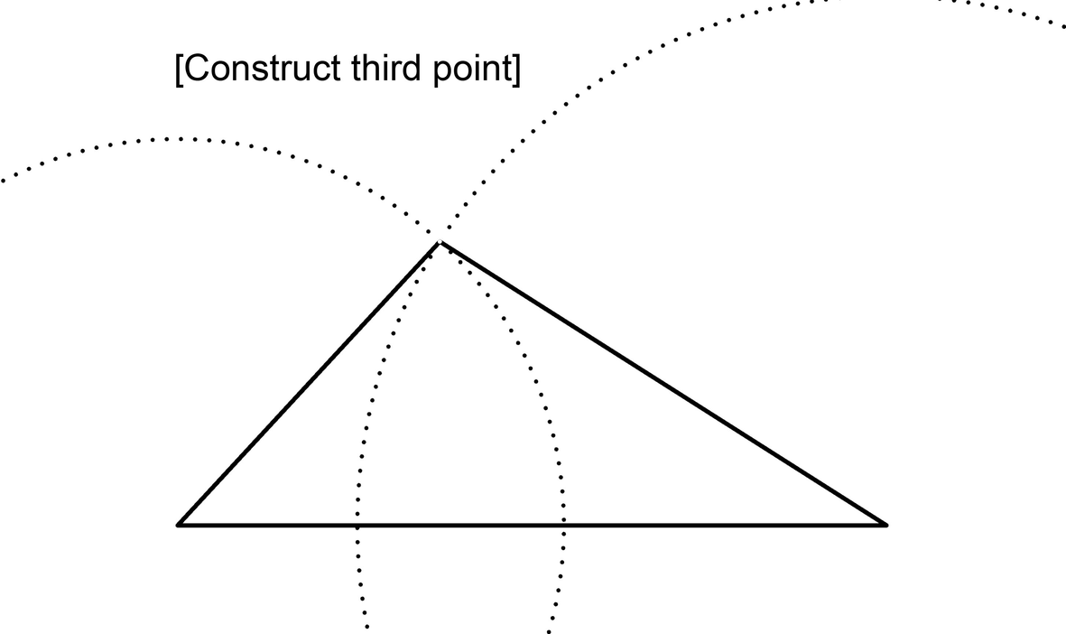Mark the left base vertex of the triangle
[179, 524]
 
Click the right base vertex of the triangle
[886, 524]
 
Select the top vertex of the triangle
[440, 242]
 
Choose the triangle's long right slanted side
[663, 383]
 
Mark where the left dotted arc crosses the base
[357, 524]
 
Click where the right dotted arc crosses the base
[565, 524]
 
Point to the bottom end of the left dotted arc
[366, 626]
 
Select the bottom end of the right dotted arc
[550, 629]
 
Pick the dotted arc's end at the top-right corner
[1062, 26]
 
